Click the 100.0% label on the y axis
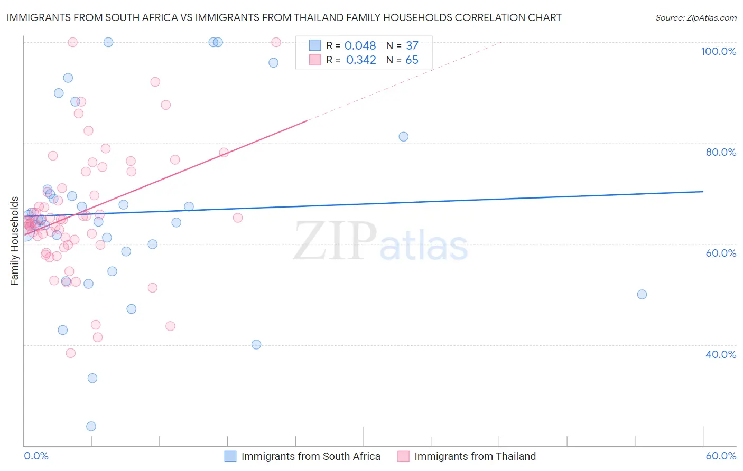coord(718,51)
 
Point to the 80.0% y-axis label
coord(721,152)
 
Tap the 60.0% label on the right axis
coord(721,253)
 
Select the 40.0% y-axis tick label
coord(721,354)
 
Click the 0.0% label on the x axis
coord(36,456)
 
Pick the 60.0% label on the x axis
coord(721,456)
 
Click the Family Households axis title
coord(15,241)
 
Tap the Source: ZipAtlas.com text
coord(695,17)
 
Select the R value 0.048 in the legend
coord(360,46)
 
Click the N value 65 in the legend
coord(412,60)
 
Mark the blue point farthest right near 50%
coord(642,295)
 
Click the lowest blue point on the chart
coord(91,426)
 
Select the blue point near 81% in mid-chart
coord(403,137)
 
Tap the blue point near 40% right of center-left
coord(256,344)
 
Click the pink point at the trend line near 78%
coord(224,153)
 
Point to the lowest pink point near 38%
coord(70,353)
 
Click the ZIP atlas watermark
coord(380,241)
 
